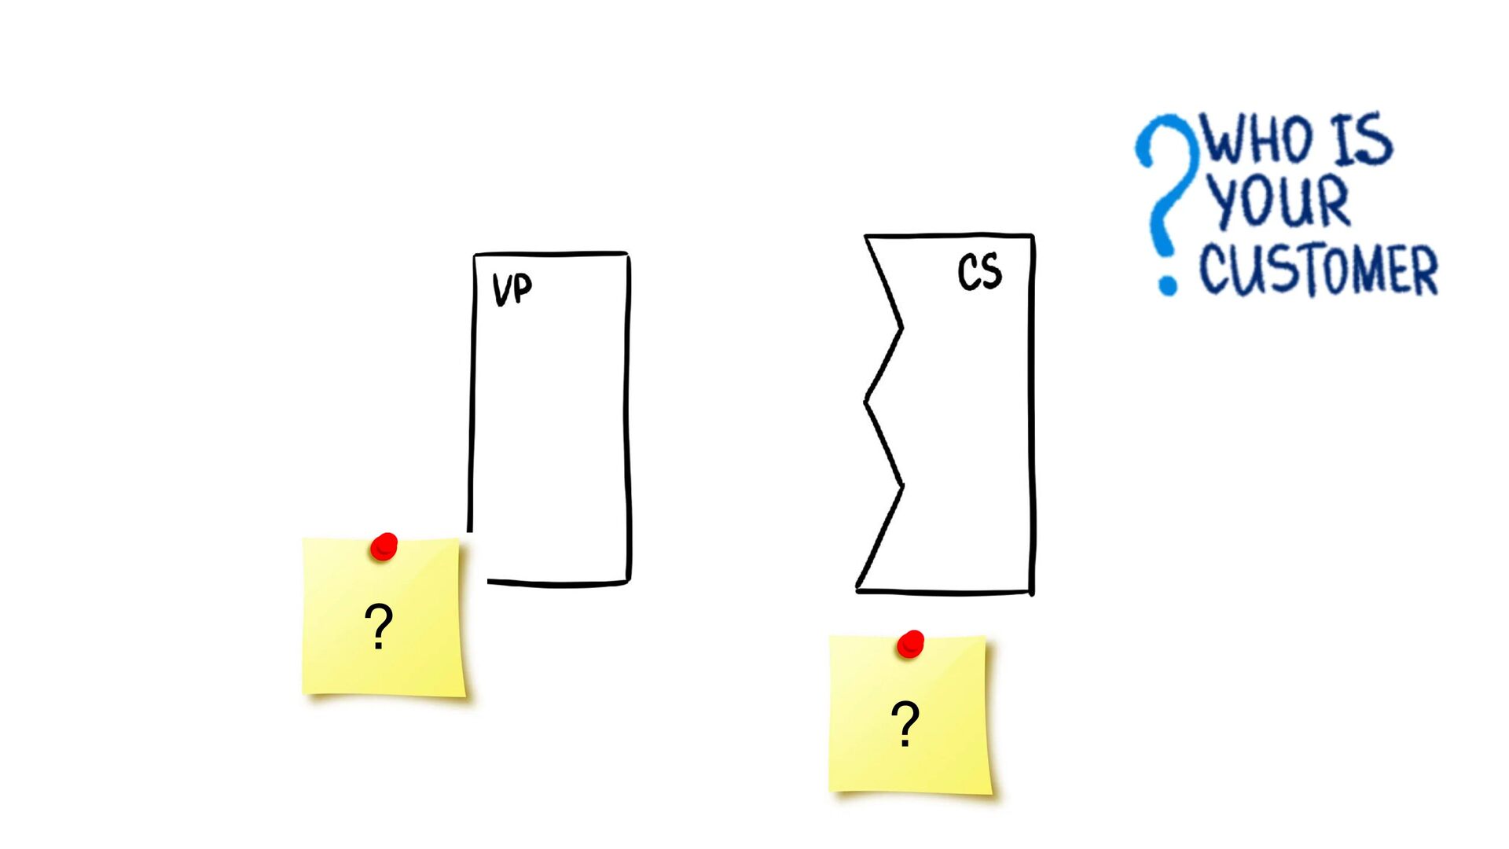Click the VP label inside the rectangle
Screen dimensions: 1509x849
[512, 289]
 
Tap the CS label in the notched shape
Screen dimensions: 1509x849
[979, 272]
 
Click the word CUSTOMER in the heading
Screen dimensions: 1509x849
[1318, 270]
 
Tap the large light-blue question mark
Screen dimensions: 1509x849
[1166, 189]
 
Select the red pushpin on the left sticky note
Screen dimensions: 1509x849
[384, 546]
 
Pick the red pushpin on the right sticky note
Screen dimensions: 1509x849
[911, 644]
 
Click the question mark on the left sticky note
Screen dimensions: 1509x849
[379, 626]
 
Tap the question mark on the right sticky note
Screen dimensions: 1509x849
[905, 723]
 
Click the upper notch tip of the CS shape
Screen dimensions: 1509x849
[901, 327]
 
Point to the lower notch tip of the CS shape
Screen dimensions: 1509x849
[902, 486]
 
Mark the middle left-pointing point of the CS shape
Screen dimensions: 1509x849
[865, 401]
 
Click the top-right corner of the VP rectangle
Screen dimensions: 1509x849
[628, 254]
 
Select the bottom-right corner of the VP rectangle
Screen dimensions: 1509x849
[629, 583]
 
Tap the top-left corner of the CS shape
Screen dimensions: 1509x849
[866, 236]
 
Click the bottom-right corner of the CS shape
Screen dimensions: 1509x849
[1032, 592]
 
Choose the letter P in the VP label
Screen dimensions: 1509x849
[523, 288]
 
